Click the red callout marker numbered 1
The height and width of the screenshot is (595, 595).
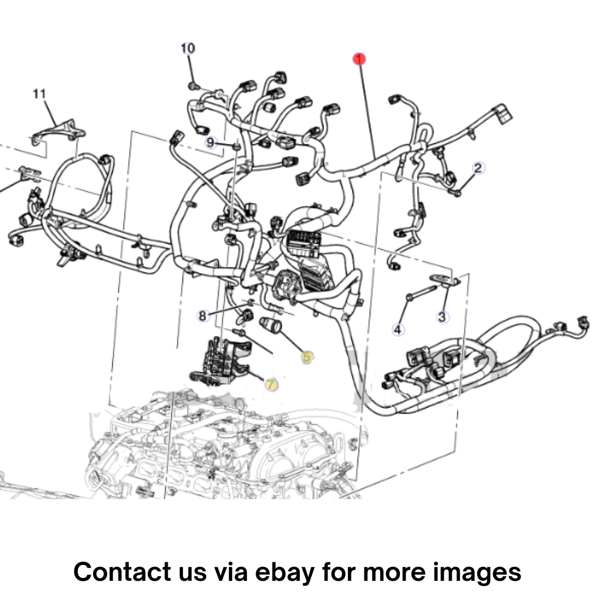pos(359,59)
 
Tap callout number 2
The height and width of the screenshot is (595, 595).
pos(478,168)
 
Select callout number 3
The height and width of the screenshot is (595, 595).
pos(441,317)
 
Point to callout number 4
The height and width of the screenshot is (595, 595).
pos(398,329)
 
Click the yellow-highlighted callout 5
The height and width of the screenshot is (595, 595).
pos(307,357)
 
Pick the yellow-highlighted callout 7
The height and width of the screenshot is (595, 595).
pos(270,385)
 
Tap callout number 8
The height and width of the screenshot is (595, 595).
pos(203,315)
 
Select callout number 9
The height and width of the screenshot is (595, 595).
pos(210,143)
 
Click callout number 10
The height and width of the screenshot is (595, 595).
pos(188,48)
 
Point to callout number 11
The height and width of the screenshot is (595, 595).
pos(40,93)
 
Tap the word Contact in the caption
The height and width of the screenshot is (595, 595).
pos(122,571)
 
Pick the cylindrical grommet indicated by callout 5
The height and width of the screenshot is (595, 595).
pos(270,326)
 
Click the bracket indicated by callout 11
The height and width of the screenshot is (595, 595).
pos(59,132)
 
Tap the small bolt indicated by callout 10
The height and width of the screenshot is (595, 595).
pos(194,86)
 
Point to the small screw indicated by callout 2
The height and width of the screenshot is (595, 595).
pos(456,193)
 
